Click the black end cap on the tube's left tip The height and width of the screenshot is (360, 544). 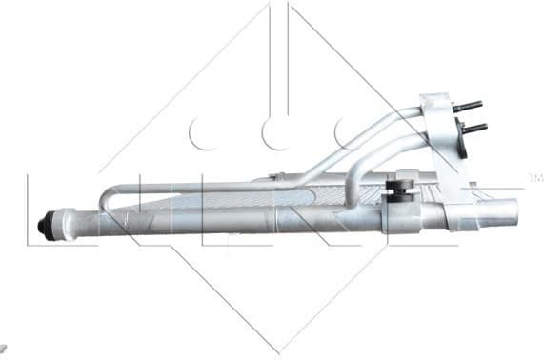(x=45, y=226)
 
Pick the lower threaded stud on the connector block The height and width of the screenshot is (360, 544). (x=473, y=127)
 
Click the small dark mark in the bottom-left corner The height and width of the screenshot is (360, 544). (x=3, y=350)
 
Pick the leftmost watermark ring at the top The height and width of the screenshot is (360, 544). (x=204, y=133)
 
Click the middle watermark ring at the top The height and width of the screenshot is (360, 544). (x=277, y=133)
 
